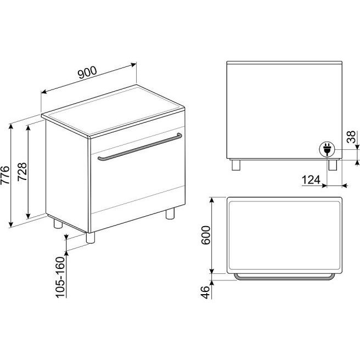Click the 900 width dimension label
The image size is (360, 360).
click(x=87, y=72)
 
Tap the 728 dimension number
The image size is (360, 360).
click(x=22, y=172)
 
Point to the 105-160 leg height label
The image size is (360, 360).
click(x=60, y=277)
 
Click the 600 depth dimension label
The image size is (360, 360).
click(x=205, y=235)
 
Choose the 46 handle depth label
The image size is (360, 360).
click(x=205, y=292)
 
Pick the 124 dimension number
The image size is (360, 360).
click(x=311, y=180)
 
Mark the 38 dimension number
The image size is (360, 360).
click(x=351, y=137)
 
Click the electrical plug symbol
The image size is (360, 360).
click(x=327, y=149)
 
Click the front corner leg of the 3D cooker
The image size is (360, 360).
click(x=91, y=238)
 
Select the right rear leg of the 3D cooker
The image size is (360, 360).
click(x=170, y=213)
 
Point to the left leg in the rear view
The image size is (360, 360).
click(x=236, y=165)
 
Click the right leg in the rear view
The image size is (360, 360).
click(x=333, y=165)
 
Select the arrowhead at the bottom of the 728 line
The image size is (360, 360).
click(x=28, y=216)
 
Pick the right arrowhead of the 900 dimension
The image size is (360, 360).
click(x=133, y=65)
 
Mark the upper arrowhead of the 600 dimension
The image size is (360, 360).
click(x=212, y=200)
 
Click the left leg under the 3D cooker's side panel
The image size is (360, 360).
click(x=58, y=223)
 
